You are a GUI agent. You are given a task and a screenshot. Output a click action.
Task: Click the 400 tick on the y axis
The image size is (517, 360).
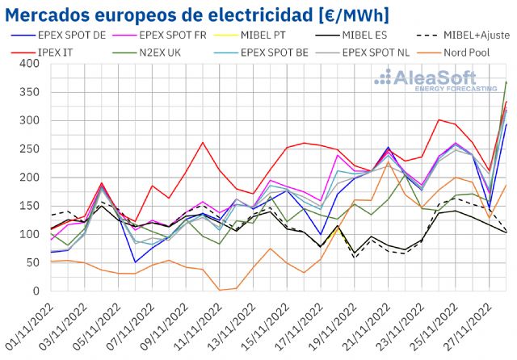pyautogui.click(x=27, y=64)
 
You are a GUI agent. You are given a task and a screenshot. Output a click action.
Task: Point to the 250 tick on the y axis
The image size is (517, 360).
pyautogui.click(x=27, y=149)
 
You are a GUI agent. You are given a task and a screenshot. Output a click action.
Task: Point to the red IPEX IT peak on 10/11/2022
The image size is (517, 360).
pyautogui.click(x=203, y=143)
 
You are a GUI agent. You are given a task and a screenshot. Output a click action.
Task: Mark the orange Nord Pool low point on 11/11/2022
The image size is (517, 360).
pyautogui.click(x=220, y=290)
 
